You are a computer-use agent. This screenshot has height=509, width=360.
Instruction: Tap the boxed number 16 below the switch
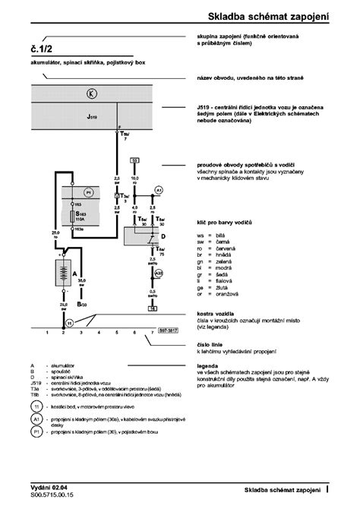coord(153,309)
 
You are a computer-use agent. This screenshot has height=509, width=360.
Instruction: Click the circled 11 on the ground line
coord(68,323)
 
